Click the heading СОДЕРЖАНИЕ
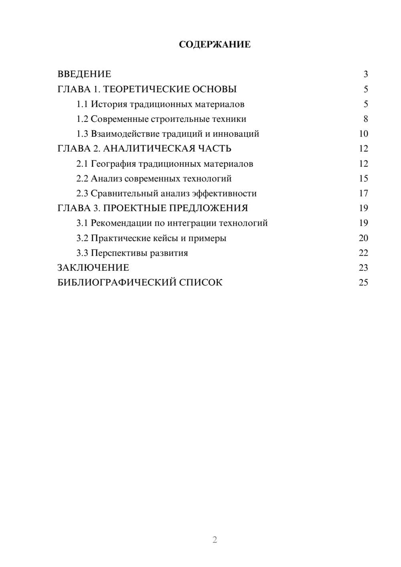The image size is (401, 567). coord(215,45)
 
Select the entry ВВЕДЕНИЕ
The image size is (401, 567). coord(84,74)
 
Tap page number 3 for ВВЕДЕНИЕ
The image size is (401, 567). coord(365,74)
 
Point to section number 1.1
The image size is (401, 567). coord(82,104)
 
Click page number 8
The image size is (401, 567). coord(365,119)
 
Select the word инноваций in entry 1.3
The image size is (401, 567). coord(236,134)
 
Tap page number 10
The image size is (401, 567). coord(363,134)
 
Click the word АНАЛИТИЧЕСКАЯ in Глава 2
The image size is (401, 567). coord(147,149)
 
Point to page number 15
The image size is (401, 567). coord(363,178)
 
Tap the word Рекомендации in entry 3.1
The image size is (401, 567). coord(122,223)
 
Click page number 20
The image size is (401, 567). coord(363,238)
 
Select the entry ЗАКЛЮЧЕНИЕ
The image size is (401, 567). coord(93,267)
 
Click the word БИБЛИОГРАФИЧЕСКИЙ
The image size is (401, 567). coord(117,282)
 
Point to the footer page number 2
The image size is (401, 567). coord(215,540)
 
